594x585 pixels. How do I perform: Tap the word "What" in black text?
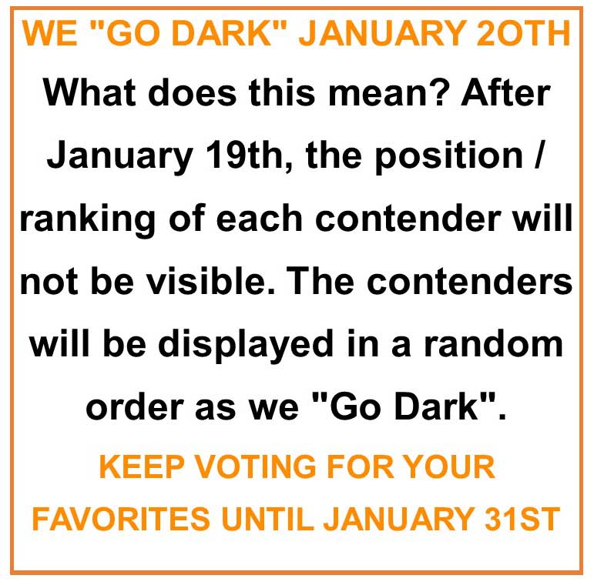[x=89, y=92]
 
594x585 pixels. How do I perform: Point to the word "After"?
[x=505, y=92]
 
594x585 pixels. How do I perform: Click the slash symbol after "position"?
[x=539, y=156]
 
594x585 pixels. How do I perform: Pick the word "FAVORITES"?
[x=121, y=519]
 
